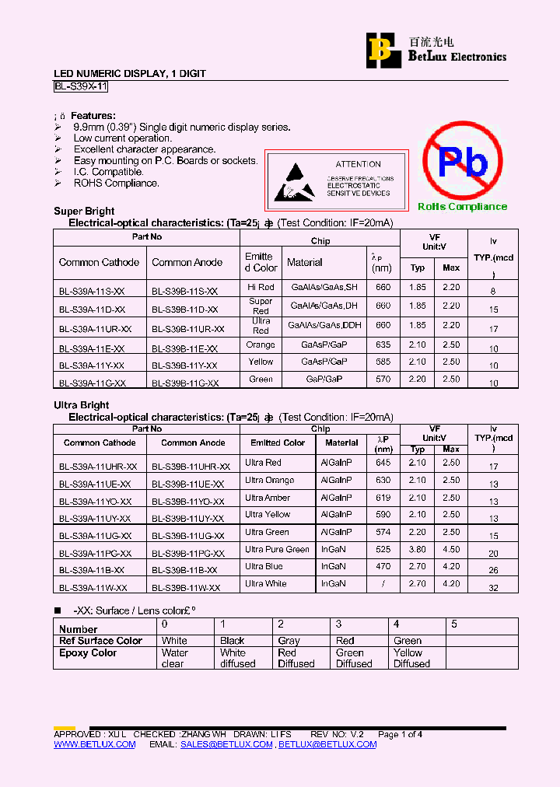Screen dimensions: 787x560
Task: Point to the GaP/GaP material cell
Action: (324, 380)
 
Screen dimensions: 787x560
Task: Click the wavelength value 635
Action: (383, 345)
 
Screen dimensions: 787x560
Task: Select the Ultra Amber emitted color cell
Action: (268, 498)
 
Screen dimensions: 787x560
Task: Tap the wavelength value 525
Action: (383, 550)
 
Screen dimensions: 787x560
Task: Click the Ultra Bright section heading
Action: (81, 405)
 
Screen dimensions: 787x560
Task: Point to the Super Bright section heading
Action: (84, 211)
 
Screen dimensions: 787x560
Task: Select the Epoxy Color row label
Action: (88, 653)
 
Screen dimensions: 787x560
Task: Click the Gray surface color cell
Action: (289, 641)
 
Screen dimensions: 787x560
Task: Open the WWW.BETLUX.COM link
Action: (94, 744)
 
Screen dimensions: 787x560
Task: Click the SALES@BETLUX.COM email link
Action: (226, 744)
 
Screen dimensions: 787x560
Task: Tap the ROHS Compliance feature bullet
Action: (116, 184)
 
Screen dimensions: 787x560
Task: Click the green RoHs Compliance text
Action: (462, 206)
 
